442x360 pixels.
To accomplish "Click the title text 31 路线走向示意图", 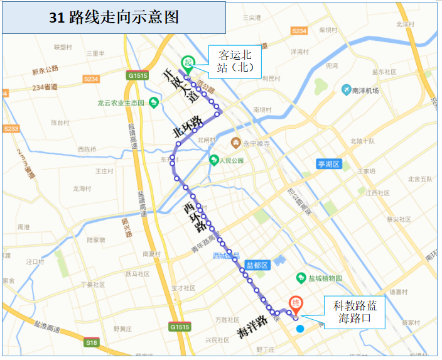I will coord(114,18).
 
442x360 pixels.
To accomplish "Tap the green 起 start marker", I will coord(187,63).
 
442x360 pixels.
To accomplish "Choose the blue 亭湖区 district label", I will coord(328,165).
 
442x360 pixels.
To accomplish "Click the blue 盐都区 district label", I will coord(257,265).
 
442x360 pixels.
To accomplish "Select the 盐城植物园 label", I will coord(320,278).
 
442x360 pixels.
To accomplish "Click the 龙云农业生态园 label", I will coord(121,103).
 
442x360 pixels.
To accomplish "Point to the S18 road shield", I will coord(92,342).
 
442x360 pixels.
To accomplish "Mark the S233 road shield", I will coord(11,128).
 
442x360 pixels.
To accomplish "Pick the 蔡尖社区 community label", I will coord(398,219).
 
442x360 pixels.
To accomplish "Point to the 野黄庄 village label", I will coord(122,329).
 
